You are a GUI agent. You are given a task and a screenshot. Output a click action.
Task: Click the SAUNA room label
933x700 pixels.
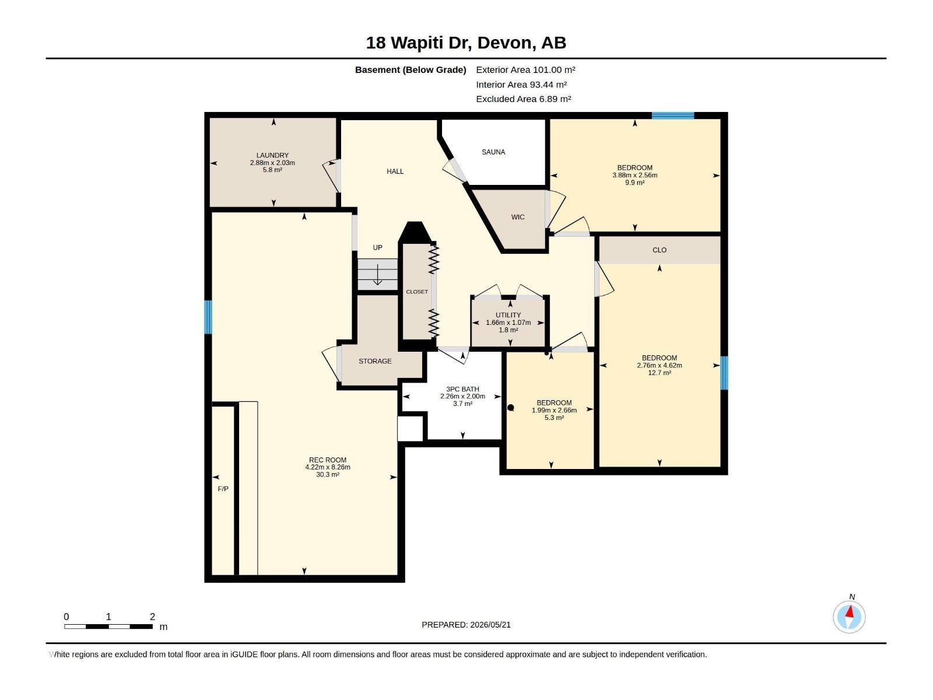pyautogui.click(x=493, y=152)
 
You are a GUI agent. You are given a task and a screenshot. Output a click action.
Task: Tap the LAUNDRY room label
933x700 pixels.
pyautogui.click(x=272, y=156)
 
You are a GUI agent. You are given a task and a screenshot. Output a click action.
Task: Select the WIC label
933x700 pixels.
pyautogui.click(x=518, y=217)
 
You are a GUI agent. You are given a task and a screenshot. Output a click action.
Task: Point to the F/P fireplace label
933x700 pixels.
pyautogui.click(x=223, y=489)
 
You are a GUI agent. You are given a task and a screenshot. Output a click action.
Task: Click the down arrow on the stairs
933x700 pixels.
pyautogui.click(x=377, y=275)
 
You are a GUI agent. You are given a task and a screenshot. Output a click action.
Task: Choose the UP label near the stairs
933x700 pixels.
pyautogui.click(x=377, y=247)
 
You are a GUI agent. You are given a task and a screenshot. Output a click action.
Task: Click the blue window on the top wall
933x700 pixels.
pyautogui.click(x=673, y=115)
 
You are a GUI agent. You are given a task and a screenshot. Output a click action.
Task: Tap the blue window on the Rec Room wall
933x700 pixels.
pyautogui.click(x=208, y=317)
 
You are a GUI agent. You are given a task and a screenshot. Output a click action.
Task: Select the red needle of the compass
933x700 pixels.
pyautogui.click(x=850, y=612)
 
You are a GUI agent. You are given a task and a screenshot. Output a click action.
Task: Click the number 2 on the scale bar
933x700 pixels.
pyautogui.click(x=152, y=616)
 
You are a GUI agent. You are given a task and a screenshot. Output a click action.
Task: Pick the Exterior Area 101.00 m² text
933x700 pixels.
pyautogui.click(x=525, y=69)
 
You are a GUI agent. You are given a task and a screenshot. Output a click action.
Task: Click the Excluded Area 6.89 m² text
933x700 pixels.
pyautogui.click(x=523, y=99)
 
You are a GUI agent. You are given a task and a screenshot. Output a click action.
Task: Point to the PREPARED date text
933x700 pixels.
pyautogui.click(x=466, y=625)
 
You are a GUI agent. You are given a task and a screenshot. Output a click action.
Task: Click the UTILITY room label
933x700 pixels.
pyautogui.click(x=508, y=315)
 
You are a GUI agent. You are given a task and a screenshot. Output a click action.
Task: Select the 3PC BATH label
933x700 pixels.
pyautogui.click(x=462, y=389)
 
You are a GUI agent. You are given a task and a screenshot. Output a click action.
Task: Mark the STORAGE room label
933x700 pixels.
pyautogui.click(x=375, y=361)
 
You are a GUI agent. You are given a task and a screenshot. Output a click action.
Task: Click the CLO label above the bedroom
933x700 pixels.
pyautogui.click(x=660, y=250)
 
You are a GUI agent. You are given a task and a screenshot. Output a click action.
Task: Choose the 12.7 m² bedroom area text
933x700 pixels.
pyautogui.click(x=660, y=373)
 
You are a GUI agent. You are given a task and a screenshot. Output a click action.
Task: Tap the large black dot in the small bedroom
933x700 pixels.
pyautogui.click(x=510, y=408)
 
